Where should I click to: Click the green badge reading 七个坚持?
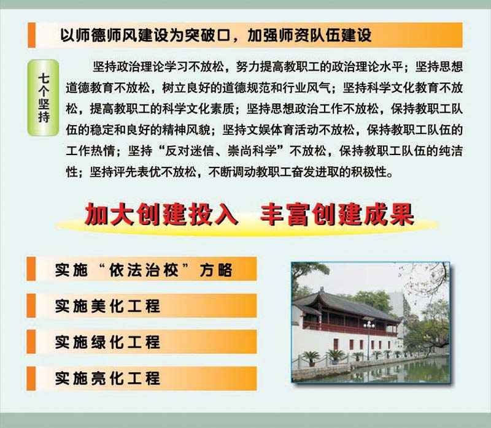tap(43, 97)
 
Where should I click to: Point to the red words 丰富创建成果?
tap(337, 215)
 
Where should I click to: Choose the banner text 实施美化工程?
tap(107, 305)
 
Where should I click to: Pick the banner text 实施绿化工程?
tap(107, 342)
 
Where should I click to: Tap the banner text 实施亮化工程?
tap(107, 378)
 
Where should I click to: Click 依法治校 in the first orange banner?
tap(144, 270)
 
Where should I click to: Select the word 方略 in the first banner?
tap(216, 270)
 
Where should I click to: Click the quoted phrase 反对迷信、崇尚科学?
tap(220, 151)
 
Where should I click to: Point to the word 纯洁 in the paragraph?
tap(450, 151)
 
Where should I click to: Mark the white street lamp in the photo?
tap(369, 340)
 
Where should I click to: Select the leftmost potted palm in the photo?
tap(311, 359)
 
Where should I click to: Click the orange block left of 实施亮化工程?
tap(31, 378)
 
